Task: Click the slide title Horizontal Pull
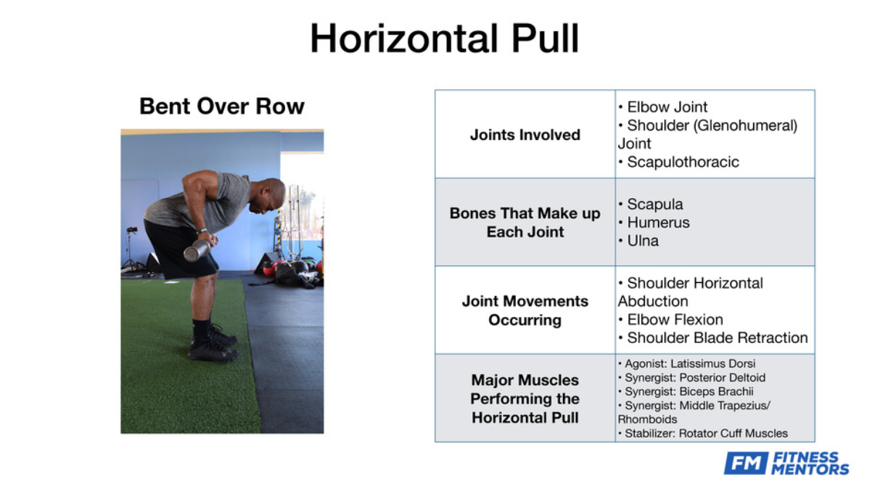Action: [x=445, y=38]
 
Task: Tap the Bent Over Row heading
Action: [x=222, y=107]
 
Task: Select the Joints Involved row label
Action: [x=525, y=135]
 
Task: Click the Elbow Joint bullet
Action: [x=663, y=107]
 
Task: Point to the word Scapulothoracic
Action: [x=683, y=162]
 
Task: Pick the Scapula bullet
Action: [x=650, y=205]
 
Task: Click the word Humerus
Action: [x=659, y=223]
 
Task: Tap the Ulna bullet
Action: [x=638, y=241]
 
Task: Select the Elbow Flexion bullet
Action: [x=671, y=320]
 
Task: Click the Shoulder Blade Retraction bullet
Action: [x=712, y=338]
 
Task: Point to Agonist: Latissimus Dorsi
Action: [x=687, y=363]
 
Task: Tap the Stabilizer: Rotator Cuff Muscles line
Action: [x=703, y=434]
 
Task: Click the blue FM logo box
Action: [x=746, y=463]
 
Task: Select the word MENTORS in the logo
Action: [x=810, y=470]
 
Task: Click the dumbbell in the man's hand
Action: [x=197, y=251]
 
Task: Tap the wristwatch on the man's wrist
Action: [x=202, y=231]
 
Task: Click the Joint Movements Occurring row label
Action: [x=525, y=310]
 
